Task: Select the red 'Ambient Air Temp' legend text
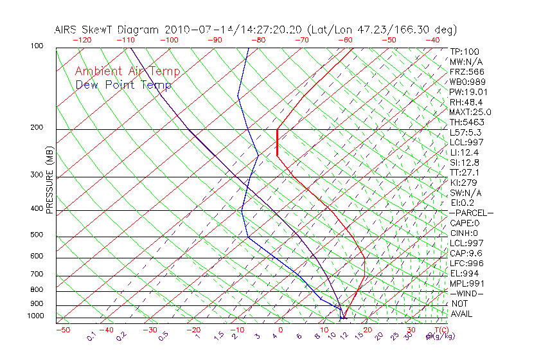[x=128, y=71]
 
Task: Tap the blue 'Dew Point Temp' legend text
[x=123, y=85]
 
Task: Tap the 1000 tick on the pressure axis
[x=36, y=316]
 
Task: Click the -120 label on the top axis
[x=82, y=39]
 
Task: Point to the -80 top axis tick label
[x=259, y=39]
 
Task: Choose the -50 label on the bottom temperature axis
[x=62, y=330]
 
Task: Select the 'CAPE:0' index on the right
[x=465, y=223]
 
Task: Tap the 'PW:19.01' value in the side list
[x=466, y=92]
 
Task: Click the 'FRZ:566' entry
[x=466, y=71]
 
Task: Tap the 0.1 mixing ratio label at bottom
[x=92, y=337]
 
